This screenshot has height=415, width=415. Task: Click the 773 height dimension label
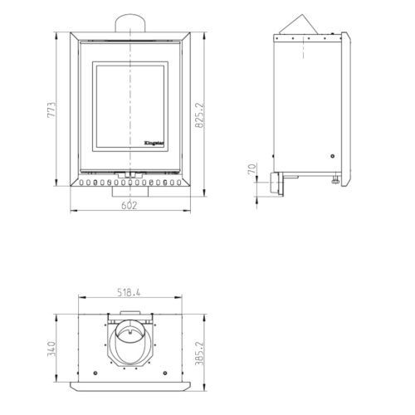51,110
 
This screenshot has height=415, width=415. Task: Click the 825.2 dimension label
199,115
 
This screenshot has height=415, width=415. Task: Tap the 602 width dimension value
129,206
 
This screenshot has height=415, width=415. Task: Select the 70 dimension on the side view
252,168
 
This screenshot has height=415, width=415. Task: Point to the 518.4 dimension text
129,292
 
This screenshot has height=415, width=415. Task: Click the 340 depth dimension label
51,349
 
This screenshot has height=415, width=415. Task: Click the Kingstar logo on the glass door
154,143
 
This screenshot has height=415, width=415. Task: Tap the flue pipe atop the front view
130,23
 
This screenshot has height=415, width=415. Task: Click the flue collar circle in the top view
130,332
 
